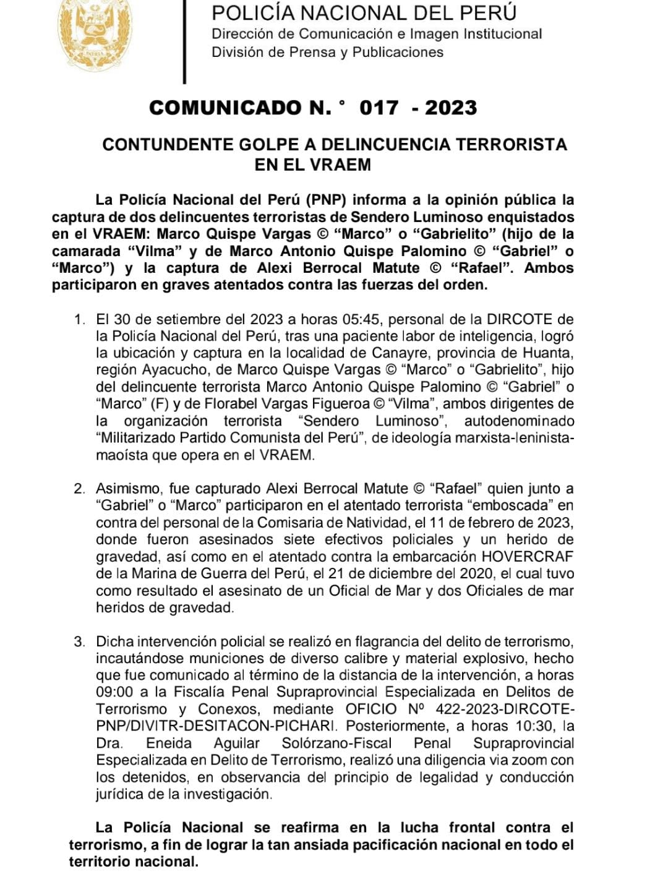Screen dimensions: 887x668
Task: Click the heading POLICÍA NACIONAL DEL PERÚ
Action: tap(364, 12)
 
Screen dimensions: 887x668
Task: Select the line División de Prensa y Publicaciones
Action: tap(327, 52)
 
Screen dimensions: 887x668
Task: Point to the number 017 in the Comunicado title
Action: tap(379, 108)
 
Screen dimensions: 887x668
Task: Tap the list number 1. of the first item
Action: tap(79, 320)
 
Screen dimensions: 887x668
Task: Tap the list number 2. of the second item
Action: tap(79, 489)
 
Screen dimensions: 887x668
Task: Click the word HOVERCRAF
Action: tap(527, 556)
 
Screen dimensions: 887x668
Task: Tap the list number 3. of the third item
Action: tap(79, 641)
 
